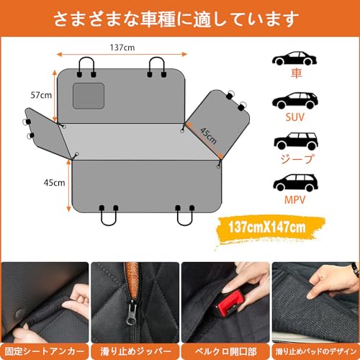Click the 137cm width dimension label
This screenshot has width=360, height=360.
(120, 47)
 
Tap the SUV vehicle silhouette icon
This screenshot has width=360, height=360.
(294, 101)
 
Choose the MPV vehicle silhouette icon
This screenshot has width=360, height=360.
(294, 181)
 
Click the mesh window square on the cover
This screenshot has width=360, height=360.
(89, 95)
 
